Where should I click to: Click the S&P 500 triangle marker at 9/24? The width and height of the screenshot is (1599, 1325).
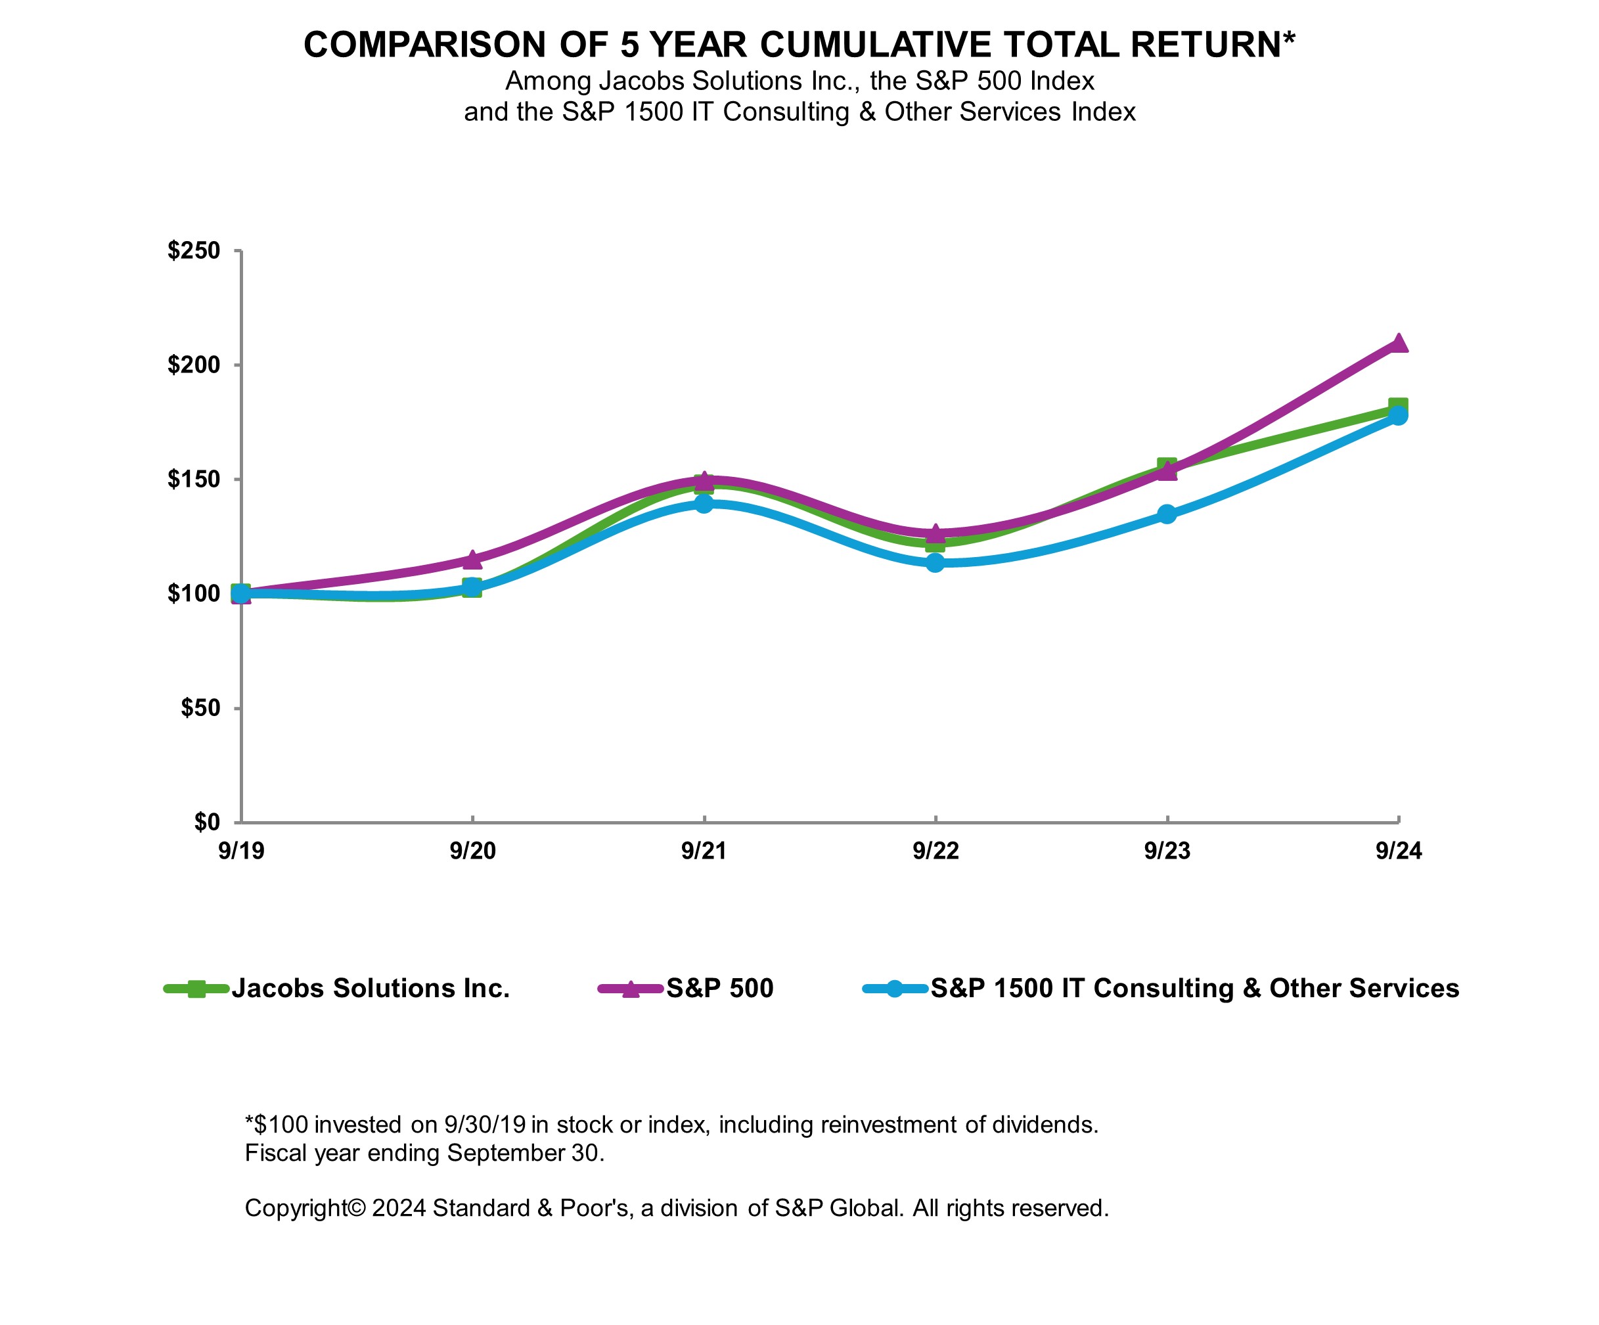[x=1398, y=344]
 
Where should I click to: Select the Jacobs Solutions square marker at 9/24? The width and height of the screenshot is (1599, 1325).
[x=1398, y=407]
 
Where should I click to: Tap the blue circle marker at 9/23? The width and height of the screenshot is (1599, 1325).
[x=1167, y=514]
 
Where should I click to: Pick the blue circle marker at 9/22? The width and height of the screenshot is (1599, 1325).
[x=935, y=563]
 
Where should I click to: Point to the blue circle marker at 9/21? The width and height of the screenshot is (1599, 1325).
[x=704, y=503]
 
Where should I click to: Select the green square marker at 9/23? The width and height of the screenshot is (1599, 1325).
[x=1167, y=466]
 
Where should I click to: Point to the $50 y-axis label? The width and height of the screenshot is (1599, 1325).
[x=200, y=708]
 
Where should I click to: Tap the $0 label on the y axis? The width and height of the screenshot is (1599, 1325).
[x=207, y=822]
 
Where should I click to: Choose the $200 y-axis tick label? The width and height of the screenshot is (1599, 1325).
[x=193, y=365]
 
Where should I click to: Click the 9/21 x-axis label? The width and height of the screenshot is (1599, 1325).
[x=704, y=851]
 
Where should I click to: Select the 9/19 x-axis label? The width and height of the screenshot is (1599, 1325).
[x=240, y=851]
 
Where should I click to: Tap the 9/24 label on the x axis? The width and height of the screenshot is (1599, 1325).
[x=1398, y=851]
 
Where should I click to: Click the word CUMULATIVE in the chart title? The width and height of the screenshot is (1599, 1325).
[x=876, y=45]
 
